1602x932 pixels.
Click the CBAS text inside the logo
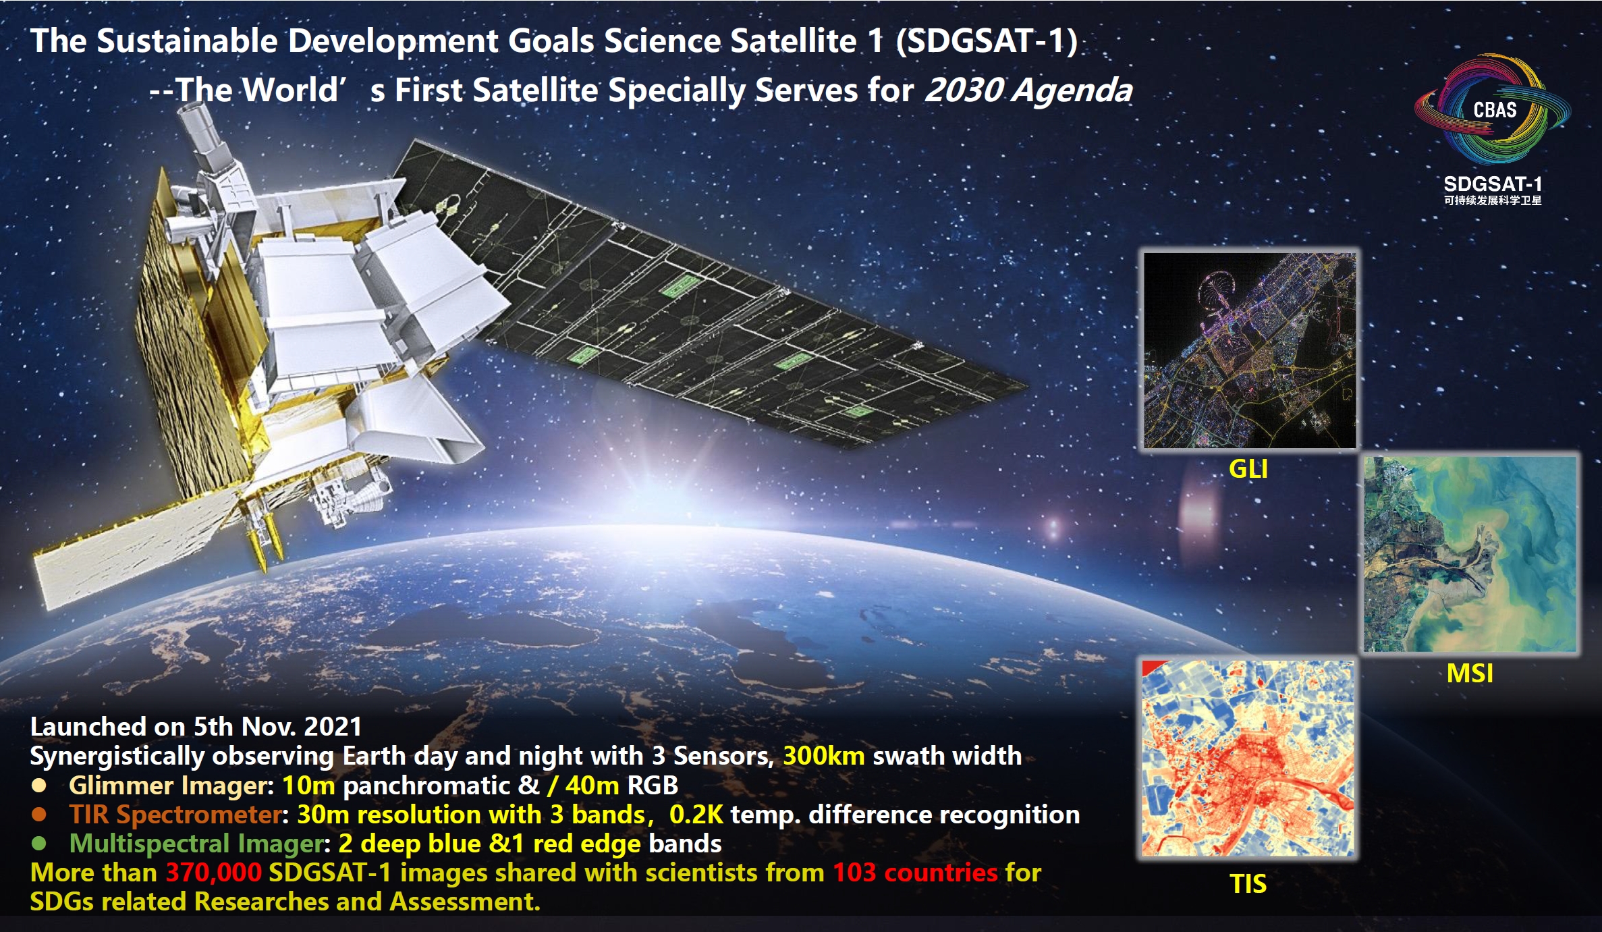tap(1495, 110)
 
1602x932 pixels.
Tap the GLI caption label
tap(1248, 469)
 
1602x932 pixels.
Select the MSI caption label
tap(1470, 674)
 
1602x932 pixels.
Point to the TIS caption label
tap(1248, 884)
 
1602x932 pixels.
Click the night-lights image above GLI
tap(1250, 350)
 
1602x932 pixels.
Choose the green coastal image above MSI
tap(1470, 554)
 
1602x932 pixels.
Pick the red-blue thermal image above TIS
tap(1248, 759)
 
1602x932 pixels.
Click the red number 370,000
tap(213, 873)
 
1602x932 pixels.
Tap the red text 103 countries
tap(915, 873)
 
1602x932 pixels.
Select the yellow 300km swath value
tap(823, 756)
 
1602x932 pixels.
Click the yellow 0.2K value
tap(696, 815)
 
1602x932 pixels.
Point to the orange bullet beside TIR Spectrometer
tap(39, 815)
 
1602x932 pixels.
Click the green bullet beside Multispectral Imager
tap(39, 844)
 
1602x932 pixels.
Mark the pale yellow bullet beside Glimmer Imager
tap(39, 785)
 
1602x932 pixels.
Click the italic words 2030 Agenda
tap(1028, 90)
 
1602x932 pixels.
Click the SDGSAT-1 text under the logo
tap(1493, 184)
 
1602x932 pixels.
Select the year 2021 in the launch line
tap(333, 727)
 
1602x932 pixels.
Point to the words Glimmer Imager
tap(169, 786)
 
